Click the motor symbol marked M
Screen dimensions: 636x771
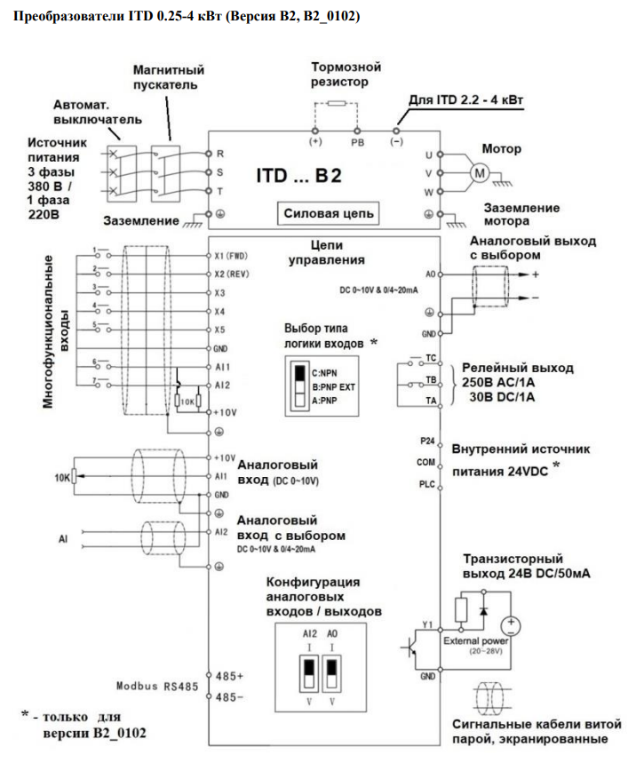480,173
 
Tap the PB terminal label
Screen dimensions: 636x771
358,143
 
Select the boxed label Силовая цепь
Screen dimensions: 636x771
329,213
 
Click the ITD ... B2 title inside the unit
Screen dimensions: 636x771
298,176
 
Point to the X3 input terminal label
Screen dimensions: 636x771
220,293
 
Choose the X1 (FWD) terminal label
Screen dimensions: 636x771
231,256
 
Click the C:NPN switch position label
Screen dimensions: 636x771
324,373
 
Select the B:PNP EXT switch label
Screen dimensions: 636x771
333,387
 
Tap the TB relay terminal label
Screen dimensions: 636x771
431,379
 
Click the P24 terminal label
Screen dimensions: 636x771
427,441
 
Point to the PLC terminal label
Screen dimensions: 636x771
427,484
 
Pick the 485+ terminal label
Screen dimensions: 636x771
229,676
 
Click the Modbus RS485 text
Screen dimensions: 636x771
157,686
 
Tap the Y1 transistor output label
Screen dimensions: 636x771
427,624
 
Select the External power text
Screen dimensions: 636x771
475,640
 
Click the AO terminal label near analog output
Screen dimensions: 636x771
431,274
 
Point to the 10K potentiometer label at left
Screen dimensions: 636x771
62,478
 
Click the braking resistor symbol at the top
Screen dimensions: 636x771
337,103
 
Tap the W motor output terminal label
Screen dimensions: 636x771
429,192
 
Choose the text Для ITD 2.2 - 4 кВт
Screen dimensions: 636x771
465,99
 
